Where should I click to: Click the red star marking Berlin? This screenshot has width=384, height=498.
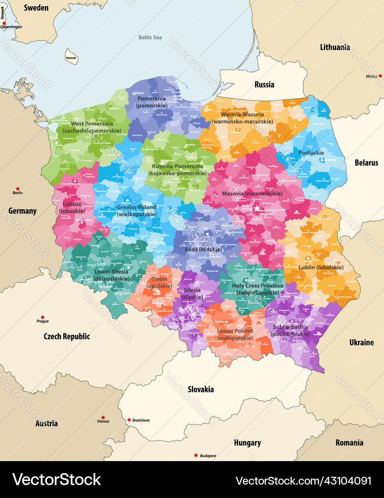tap(18, 189)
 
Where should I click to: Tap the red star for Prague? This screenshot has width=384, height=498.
tap(42, 317)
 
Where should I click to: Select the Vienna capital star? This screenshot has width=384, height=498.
tap(103, 417)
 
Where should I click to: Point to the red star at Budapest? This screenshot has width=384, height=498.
tap(196, 455)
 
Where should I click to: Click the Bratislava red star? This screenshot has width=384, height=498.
tap(129, 420)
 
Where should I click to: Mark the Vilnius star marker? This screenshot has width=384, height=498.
tap(380, 76)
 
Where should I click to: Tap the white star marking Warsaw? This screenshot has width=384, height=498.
tap(257, 208)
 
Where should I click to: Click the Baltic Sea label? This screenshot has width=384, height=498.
tap(150, 37)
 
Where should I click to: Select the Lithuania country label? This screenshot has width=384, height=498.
tap(335, 47)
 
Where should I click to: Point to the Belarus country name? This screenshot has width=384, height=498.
tap(366, 162)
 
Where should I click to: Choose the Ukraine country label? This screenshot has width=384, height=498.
tap(361, 342)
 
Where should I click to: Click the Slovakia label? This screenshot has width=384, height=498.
tap(201, 389)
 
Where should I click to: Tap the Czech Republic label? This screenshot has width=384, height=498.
tap(67, 336)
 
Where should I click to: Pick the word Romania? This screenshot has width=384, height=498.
tap(349, 443)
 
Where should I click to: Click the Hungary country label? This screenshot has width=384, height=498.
tap(247, 443)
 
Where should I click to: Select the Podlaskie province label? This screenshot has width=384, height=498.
tap(311, 153)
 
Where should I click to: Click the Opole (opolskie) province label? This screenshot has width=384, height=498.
tap(159, 283)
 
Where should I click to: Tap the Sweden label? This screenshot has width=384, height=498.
tap(36, 7)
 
